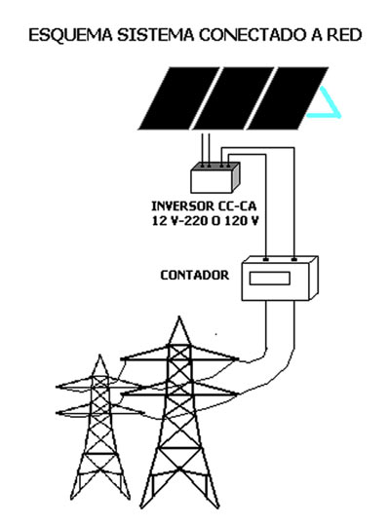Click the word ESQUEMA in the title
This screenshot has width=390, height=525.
(x=70, y=35)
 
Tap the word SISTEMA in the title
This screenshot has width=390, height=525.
(x=156, y=35)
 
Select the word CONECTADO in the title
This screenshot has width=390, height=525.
(x=253, y=35)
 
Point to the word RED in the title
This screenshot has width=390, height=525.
(x=345, y=35)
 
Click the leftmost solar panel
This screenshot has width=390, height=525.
(x=179, y=98)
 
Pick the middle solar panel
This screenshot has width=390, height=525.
(x=234, y=98)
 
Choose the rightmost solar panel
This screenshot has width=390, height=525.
(x=288, y=98)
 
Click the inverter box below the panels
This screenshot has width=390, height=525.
(x=215, y=177)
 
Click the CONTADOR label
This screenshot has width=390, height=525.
(x=195, y=276)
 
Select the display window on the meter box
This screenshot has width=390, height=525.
(x=270, y=279)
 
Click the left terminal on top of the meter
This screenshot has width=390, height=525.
(x=266, y=260)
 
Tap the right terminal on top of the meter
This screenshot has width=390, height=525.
(x=293, y=260)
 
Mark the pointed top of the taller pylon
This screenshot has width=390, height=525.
(x=179, y=317)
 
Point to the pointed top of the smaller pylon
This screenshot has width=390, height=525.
(x=99, y=355)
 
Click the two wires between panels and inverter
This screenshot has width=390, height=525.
(x=206, y=148)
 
